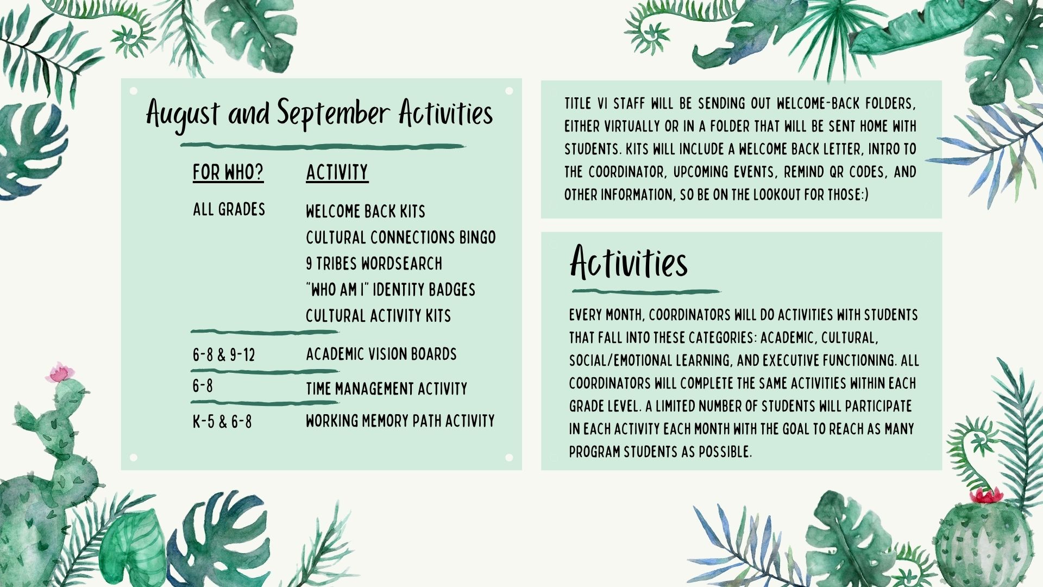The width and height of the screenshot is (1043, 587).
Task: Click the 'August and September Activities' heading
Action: (319, 115)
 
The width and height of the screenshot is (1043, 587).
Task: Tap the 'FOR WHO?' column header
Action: (228, 173)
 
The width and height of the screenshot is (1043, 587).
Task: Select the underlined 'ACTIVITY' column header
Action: (337, 173)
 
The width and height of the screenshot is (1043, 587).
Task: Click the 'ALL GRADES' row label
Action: (229, 209)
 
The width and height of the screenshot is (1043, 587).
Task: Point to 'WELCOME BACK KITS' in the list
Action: (365, 211)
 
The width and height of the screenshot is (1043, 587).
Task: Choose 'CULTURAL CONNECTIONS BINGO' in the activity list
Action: (400, 238)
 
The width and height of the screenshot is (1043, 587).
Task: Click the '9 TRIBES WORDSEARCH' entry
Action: (374, 264)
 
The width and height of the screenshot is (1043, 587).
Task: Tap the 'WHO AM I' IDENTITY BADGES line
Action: (390, 290)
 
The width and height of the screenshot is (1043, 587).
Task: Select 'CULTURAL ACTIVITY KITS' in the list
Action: (378, 316)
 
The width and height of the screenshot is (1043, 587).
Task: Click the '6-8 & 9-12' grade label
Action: (224, 355)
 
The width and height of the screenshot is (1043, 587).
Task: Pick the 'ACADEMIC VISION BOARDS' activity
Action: (381, 354)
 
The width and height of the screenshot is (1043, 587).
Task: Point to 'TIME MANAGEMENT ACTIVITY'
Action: (386, 389)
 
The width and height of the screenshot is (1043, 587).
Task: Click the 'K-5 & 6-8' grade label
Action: (222, 422)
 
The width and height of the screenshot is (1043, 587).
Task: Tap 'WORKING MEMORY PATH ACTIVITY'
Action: (400, 421)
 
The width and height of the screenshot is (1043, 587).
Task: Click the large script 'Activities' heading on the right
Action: (629, 263)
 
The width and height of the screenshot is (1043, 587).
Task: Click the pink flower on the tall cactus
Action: (60, 373)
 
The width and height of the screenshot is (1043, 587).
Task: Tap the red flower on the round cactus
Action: (987, 495)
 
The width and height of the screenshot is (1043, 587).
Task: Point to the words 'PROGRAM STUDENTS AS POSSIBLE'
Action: (661, 452)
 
